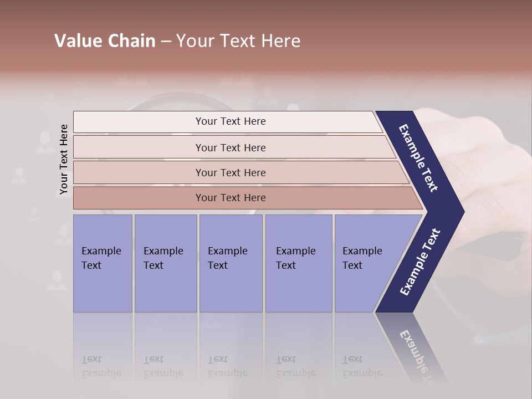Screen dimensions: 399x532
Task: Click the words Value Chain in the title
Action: [x=105, y=41]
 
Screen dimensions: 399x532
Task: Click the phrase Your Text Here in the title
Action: [x=238, y=41]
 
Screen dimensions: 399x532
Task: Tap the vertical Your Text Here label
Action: [x=64, y=159]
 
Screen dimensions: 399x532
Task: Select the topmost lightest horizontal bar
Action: [x=230, y=121]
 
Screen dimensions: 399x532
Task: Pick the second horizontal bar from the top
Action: [x=230, y=147]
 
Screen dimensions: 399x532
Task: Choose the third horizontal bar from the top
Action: [x=230, y=172]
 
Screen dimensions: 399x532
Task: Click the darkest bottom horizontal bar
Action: [x=230, y=198]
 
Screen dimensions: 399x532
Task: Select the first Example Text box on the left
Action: [x=103, y=263]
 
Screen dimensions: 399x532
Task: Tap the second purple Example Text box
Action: [x=165, y=263]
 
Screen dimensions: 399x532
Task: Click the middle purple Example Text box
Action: [x=231, y=263]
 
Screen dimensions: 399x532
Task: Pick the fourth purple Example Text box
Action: [x=298, y=263]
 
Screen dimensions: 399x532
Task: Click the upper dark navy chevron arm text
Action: [x=419, y=157]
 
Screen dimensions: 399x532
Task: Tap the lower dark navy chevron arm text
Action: [x=420, y=262]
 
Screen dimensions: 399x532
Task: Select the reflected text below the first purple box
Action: [x=101, y=366]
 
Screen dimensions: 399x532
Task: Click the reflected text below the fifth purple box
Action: [x=362, y=366]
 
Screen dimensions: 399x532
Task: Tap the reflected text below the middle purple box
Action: [x=227, y=366]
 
